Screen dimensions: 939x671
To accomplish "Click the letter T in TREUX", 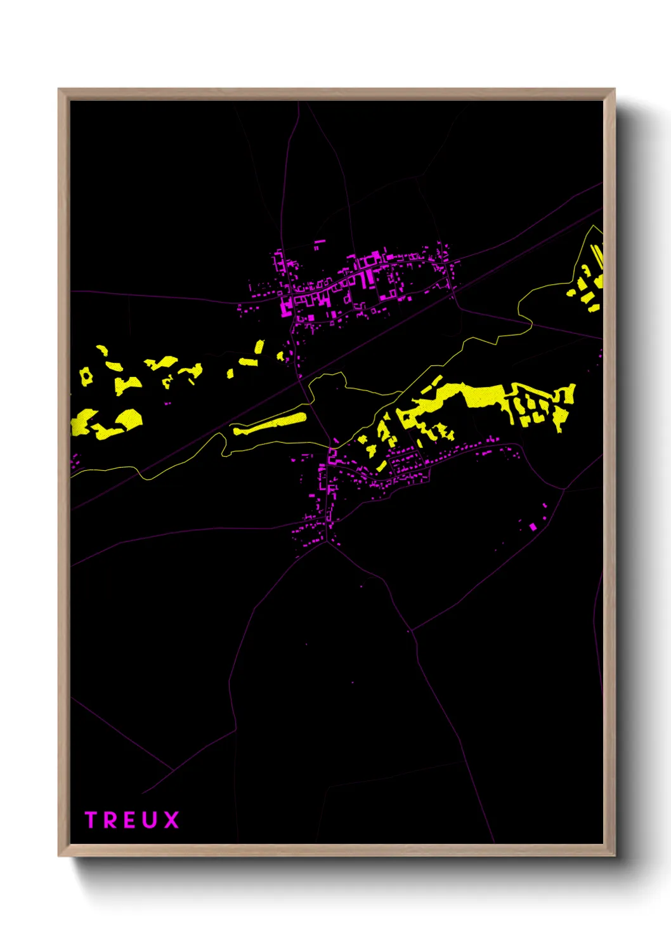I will coord(91,820).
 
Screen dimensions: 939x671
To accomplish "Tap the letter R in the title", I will coord(111,820).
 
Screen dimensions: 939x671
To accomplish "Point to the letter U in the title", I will coord(151,820).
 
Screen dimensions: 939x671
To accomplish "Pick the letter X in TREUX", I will coord(171,820).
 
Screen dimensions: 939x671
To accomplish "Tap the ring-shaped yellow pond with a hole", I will coord(86,376).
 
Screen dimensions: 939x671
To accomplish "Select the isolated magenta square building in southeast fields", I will coord(533,527).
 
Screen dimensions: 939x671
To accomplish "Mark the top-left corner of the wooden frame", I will coord(59,89).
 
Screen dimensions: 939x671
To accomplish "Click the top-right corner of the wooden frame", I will coord(614,89).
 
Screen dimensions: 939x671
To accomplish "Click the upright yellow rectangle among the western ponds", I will coord(259,346).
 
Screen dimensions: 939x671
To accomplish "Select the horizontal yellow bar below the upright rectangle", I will coord(248,362).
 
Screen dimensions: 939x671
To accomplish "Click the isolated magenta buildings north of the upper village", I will coord(319,244).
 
